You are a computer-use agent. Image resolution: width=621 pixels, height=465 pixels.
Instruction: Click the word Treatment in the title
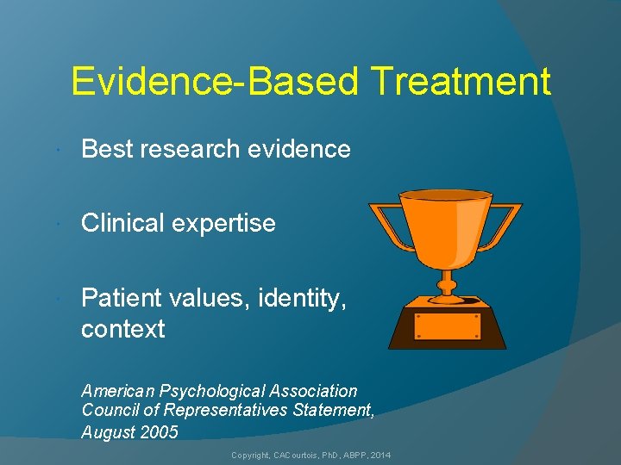[x=461, y=82]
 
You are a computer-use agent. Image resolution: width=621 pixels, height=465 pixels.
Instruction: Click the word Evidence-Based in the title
[x=216, y=82]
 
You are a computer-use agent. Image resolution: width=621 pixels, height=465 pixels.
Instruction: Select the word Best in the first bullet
[x=107, y=149]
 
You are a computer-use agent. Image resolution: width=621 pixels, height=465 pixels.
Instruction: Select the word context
[x=122, y=329]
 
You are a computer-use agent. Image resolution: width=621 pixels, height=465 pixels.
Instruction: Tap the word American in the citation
[x=116, y=391]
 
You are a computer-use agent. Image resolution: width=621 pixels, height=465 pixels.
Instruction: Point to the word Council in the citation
[x=109, y=412]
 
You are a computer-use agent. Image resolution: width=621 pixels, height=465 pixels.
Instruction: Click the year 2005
[x=159, y=432]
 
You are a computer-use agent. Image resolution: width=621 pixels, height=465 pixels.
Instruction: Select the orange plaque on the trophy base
[x=447, y=326]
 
